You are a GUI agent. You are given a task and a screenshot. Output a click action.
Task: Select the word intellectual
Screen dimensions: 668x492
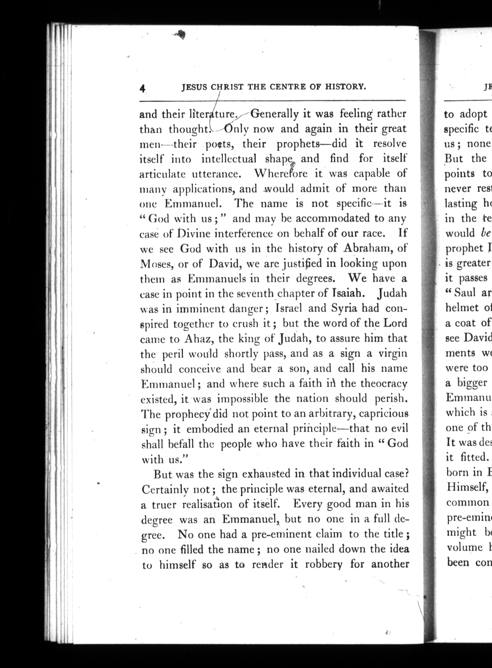(229, 159)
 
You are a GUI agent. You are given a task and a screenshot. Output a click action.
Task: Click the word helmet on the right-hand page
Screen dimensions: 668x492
(462, 308)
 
